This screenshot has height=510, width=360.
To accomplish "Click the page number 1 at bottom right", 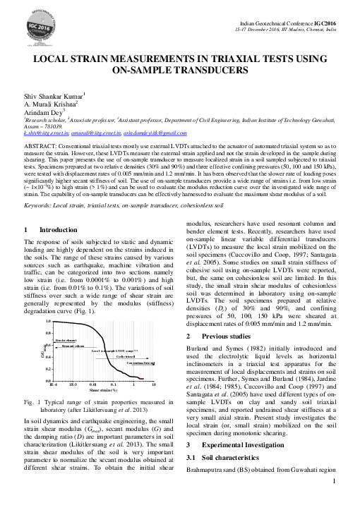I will pyautogui.click(x=332, y=502).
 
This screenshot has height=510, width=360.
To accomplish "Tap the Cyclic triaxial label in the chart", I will pyautogui.click(x=129, y=356).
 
